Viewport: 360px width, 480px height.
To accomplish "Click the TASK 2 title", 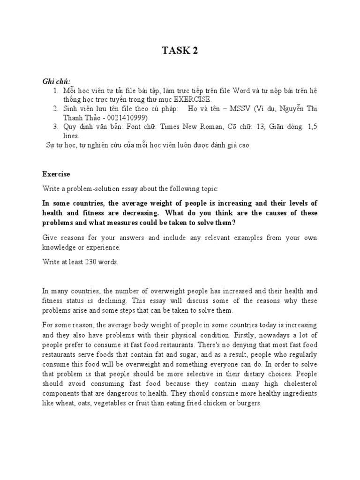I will coord(180,51).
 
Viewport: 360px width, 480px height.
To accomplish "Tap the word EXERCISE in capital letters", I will coord(193,99).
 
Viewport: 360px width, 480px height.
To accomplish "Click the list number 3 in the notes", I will coord(55,127).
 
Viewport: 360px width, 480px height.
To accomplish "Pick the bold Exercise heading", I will coord(56,174).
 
